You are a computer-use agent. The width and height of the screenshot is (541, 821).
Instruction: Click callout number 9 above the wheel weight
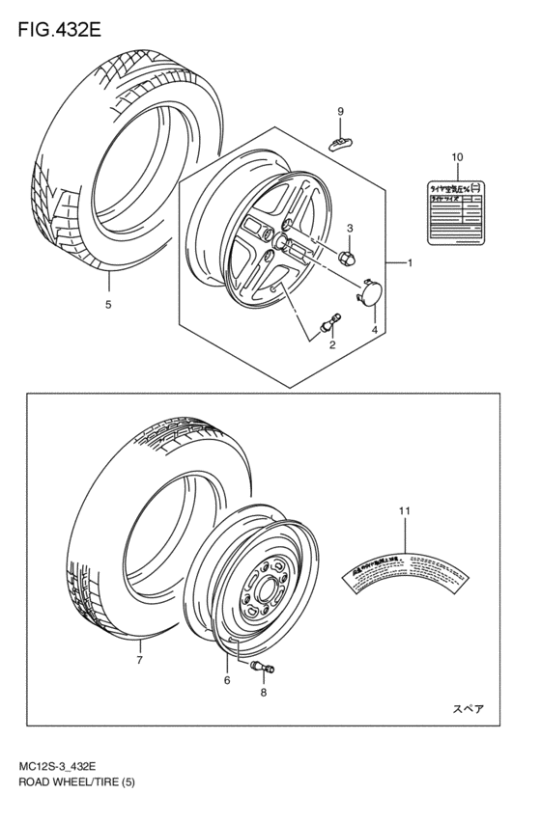click(340, 113)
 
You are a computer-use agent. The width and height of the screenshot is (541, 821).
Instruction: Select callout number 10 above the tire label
click(456, 156)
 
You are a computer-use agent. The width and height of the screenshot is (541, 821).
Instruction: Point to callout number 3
click(350, 229)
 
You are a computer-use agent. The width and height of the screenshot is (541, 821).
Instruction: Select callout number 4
click(373, 329)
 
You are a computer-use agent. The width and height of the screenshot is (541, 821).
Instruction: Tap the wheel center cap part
click(369, 291)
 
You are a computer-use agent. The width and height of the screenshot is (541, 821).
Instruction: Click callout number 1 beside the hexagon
click(410, 262)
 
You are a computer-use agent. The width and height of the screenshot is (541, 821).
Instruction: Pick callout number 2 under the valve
click(332, 344)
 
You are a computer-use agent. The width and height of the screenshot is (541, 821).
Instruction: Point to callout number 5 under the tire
click(108, 305)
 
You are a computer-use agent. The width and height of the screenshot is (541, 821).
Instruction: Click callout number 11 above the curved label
click(405, 509)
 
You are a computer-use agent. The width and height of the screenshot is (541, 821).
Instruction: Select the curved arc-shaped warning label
click(405, 571)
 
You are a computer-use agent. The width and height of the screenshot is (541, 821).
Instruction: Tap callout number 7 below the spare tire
click(139, 661)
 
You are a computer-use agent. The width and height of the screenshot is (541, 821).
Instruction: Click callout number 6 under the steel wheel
click(227, 679)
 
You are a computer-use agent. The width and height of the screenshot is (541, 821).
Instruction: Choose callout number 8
click(264, 692)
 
